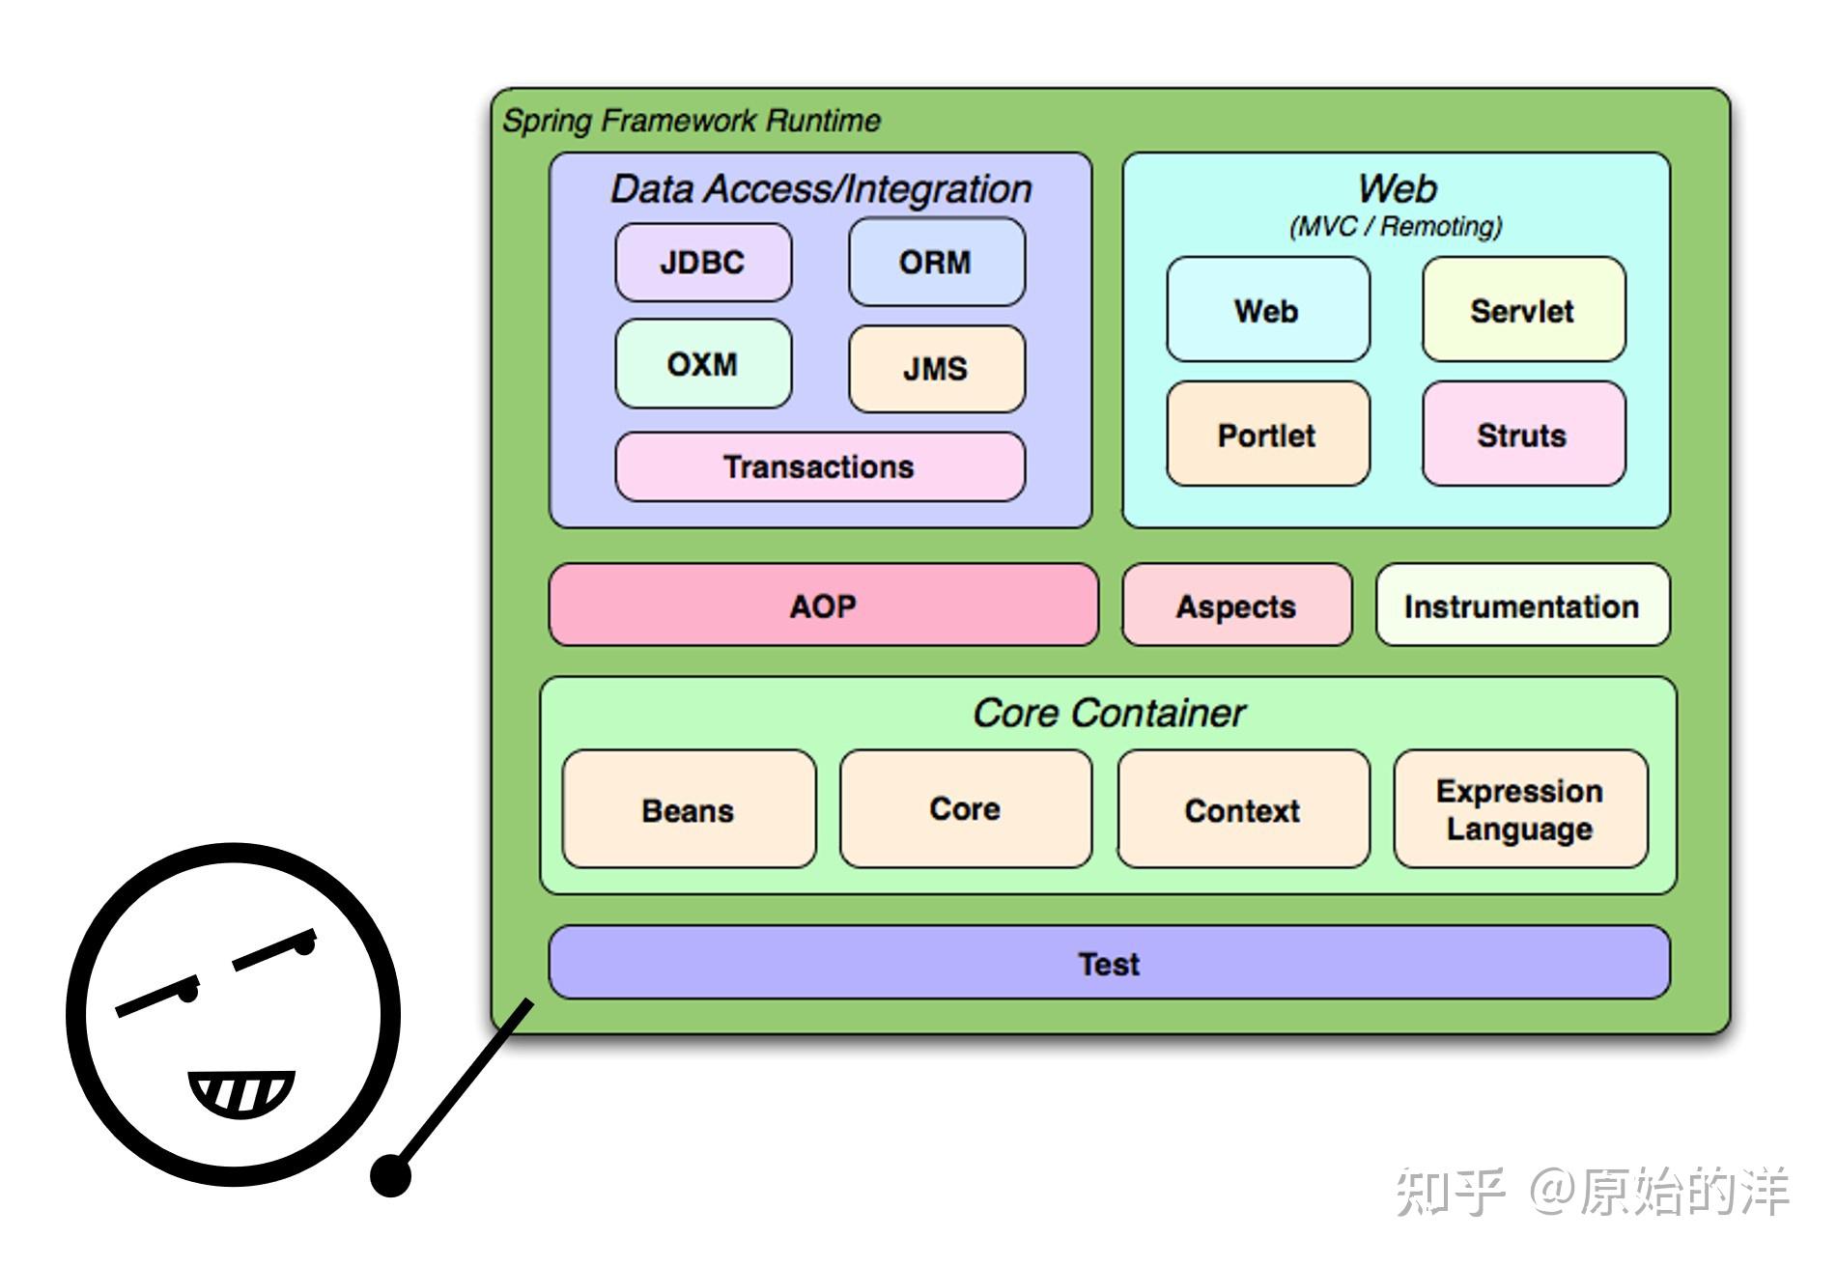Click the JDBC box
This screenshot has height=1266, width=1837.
coord(703,263)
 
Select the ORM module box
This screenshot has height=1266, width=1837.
coord(936,263)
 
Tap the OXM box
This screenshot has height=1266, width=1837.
coord(703,364)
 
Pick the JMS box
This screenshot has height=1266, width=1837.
coord(936,369)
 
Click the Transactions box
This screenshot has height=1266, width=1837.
coord(820,467)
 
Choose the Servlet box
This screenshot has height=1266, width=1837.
coord(1522,311)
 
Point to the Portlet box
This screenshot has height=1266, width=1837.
coord(1267,435)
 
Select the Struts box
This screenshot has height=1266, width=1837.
coord(1522,435)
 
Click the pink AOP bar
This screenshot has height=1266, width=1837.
coord(823,606)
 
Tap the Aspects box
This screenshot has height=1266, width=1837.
coord(1236,606)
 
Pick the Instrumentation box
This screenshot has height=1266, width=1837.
coord(1522,606)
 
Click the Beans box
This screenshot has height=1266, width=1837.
coord(689,810)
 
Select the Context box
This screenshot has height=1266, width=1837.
coord(1243,810)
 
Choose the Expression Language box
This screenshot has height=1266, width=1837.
coord(1520,810)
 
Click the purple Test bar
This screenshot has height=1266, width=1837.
coord(1109,964)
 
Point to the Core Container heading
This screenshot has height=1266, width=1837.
coord(1109,714)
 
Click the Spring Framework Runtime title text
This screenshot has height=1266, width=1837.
coord(692,121)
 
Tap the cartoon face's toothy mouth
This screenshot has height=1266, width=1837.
coord(240,1093)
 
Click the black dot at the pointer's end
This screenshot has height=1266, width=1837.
coord(391,1176)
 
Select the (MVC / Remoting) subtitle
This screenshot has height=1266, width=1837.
coord(1396,227)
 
